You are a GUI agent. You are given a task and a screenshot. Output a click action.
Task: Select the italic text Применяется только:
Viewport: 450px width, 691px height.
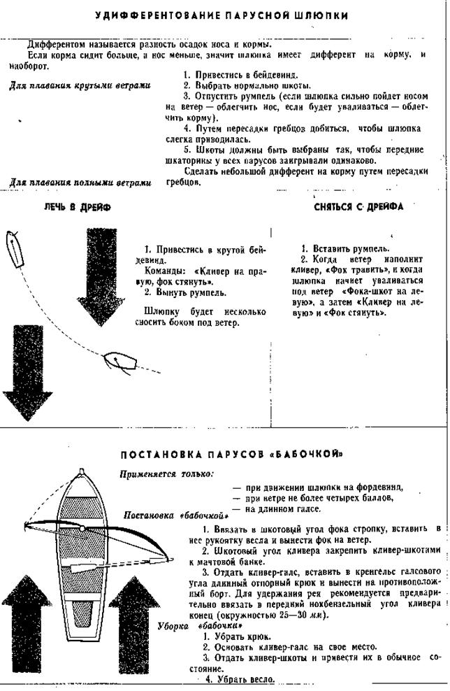[166, 475]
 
